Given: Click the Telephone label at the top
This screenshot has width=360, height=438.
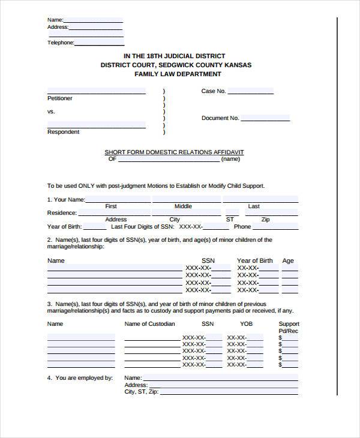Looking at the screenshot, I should [x=61, y=43].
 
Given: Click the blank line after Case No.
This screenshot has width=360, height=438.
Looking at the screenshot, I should [x=250, y=92].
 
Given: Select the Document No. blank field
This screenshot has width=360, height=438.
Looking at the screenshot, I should [x=265, y=118].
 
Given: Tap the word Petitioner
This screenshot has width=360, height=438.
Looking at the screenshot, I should [x=59, y=98].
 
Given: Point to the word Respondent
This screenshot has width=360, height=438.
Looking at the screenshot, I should [x=63, y=132].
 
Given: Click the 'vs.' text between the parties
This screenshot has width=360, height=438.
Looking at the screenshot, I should [x=51, y=112].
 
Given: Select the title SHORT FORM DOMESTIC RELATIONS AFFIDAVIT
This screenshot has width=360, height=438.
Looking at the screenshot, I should [x=174, y=152].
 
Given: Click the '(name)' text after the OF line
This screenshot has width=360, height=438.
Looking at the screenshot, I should [x=230, y=160].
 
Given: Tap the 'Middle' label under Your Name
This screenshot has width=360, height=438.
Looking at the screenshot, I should [x=183, y=206].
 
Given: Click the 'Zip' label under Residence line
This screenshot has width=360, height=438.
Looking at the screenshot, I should [x=266, y=220].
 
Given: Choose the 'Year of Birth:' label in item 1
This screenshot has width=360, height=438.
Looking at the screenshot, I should [x=64, y=227].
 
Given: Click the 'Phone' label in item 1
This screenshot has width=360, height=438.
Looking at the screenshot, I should [x=242, y=227].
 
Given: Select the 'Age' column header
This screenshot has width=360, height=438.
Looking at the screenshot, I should [x=288, y=261].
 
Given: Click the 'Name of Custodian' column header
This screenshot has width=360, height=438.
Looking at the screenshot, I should [x=149, y=324].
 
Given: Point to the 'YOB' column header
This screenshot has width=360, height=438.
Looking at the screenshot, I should [x=247, y=324].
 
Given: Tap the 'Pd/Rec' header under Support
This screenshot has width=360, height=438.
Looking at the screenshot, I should [x=289, y=331].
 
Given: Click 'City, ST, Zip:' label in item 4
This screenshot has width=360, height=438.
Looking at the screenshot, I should [x=141, y=392].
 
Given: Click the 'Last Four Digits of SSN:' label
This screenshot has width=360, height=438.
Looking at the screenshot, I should [x=142, y=227].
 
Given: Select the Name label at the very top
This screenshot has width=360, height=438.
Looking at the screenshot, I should [x=55, y=20].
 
